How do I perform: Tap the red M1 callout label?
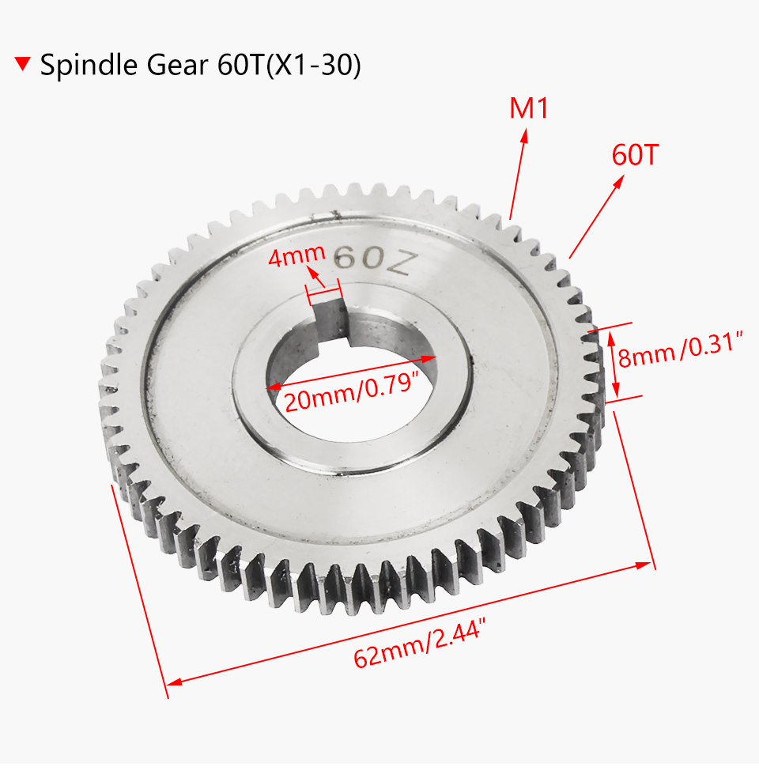point(528,108)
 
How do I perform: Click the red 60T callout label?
point(635,155)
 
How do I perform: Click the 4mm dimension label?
point(296,255)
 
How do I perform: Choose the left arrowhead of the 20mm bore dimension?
point(272,387)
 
